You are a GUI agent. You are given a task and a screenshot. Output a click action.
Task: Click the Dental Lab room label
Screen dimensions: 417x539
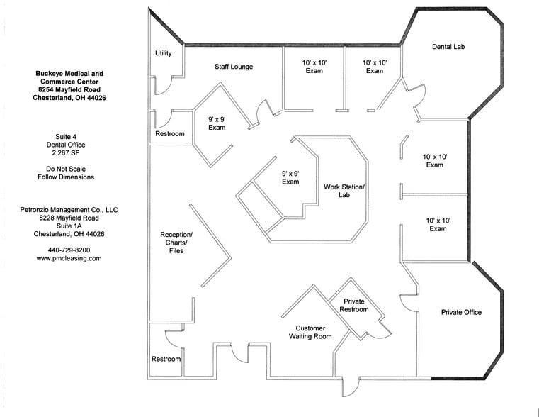pyautogui.click(x=448, y=47)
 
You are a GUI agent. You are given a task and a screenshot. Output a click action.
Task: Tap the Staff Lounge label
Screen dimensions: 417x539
pyautogui.click(x=234, y=67)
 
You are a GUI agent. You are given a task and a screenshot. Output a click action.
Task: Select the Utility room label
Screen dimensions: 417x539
pyautogui.click(x=163, y=53)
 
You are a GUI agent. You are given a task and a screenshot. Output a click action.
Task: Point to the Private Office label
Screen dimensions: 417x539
pyautogui.click(x=461, y=312)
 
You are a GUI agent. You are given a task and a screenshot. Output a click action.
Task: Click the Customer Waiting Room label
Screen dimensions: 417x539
pyautogui.click(x=310, y=333)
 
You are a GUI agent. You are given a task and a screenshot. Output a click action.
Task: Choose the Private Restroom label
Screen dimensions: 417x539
pyautogui.click(x=354, y=306)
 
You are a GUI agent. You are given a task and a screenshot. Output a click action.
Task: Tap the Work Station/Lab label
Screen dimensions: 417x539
pyautogui.click(x=344, y=191)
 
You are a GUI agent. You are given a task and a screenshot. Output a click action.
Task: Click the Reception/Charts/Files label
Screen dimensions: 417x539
pyautogui.click(x=176, y=243)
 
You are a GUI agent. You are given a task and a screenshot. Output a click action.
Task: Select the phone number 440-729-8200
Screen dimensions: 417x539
pyautogui.click(x=69, y=250)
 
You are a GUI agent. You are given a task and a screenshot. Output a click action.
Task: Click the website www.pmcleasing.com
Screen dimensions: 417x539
pyautogui.click(x=69, y=259)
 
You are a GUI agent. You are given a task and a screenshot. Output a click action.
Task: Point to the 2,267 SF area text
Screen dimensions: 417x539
pyautogui.click(x=70, y=152)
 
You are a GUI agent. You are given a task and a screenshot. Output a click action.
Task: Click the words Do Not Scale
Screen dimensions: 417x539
pyautogui.click(x=70, y=169)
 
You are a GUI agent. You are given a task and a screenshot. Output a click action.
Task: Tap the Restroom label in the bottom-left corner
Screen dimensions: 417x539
pyautogui.click(x=166, y=360)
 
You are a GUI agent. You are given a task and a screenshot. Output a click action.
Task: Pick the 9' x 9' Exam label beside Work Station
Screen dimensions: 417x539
pyautogui.click(x=290, y=177)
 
